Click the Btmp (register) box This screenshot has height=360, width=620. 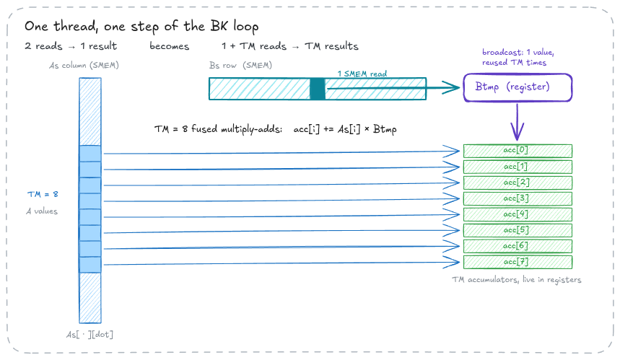click(518, 87)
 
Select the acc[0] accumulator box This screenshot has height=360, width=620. click(518, 151)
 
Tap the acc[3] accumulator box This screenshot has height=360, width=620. click(518, 198)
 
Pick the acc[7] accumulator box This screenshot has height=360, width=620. click(518, 262)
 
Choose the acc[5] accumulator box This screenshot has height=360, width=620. click(518, 230)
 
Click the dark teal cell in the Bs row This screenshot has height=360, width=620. click(318, 89)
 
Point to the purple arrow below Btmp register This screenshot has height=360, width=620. click(518, 122)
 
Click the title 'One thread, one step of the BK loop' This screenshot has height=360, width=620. click(141, 27)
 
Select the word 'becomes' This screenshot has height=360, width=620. click(169, 46)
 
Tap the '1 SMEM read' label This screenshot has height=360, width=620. click(362, 74)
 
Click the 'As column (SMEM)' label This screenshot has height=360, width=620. click(84, 65)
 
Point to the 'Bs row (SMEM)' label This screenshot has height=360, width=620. click(240, 65)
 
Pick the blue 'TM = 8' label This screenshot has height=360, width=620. click(43, 194)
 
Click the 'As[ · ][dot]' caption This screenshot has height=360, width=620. click(89, 334)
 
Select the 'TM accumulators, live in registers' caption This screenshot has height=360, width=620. click(516, 280)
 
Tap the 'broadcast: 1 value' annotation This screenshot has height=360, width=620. click(518, 52)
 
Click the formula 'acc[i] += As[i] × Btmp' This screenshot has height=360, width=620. click(345, 129)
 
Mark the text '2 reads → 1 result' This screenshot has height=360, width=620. click(71, 46)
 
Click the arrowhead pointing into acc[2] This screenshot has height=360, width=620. click(452, 184)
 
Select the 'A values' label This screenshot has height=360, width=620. click(42, 211)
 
